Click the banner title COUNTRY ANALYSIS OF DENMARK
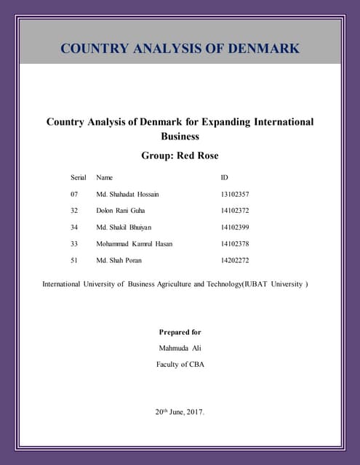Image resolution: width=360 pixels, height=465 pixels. click(x=180, y=49)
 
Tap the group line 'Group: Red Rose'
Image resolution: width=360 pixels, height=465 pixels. click(x=180, y=155)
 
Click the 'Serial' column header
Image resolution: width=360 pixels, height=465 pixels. click(x=79, y=177)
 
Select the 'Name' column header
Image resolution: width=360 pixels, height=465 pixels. click(x=105, y=177)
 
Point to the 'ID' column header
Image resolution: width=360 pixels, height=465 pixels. click(x=224, y=177)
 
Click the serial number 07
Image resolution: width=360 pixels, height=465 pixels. click(x=74, y=195)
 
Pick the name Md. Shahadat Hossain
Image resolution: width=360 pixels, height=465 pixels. click(x=127, y=195)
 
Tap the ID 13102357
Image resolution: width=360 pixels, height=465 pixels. click(x=235, y=195)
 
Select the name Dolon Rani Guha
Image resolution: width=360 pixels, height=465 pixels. click(x=121, y=211)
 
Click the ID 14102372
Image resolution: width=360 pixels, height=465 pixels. click(x=235, y=211)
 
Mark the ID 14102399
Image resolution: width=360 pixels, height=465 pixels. click(x=235, y=227)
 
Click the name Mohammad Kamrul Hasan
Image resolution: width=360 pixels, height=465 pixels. click(x=135, y=244)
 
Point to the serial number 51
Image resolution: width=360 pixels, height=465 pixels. click(x=74, y=260)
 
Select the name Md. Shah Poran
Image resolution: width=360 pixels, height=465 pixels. click(x=119, y=260)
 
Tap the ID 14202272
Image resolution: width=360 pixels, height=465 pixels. click(x=235, y=260)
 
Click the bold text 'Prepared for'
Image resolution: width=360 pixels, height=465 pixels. click(x=180, y=332)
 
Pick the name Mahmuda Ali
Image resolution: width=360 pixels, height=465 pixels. click(x=180, y=348)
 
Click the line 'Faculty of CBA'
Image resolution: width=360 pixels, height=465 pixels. click(x=180, y=364)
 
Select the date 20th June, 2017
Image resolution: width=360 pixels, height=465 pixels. click(x=180, y=412)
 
